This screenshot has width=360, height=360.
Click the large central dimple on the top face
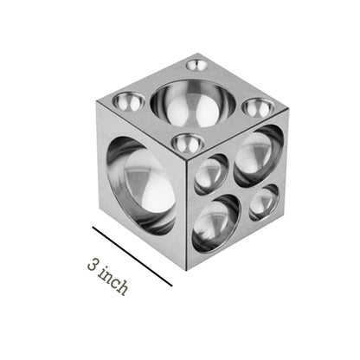click(x=193, y=103)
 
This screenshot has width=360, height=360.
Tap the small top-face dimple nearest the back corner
click(x=196, y=65)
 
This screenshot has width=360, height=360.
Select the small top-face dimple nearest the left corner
click(x=129, y=101)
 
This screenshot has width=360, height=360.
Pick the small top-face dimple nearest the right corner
click(x=259, y=107)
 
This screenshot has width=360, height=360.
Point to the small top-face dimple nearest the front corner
click(x=188, y=143)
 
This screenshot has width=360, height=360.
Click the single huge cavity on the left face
click(x=141, y=184)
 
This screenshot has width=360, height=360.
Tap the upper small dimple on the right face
click(x=211, y=174)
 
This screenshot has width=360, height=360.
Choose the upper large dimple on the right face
click(x=259, y=155)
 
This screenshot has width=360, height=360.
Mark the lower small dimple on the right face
click(x=264, y=202)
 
